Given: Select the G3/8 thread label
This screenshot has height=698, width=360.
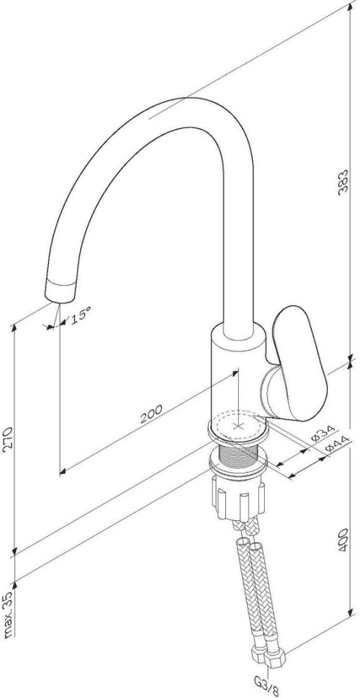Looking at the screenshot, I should [267, 685].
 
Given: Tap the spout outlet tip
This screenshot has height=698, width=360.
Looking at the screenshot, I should [60, 290].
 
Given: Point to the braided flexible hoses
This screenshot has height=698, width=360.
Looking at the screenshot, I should [256, 590].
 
